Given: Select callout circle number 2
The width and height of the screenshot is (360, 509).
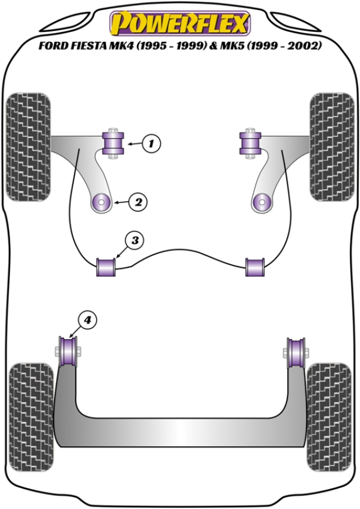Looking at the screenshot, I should pyautogui.click(x=138, y=202).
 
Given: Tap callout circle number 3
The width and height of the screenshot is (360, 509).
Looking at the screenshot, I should pyautogui.click(x=134, y=241).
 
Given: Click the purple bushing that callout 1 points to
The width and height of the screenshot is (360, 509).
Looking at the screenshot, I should pyautogui.click(x=113, y=143).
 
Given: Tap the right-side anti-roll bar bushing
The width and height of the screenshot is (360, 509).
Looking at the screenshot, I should pyautogui.click(x=255, y=266).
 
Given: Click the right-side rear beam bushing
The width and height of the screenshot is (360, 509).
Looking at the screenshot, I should pyautogui.click(x=295, y=351).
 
